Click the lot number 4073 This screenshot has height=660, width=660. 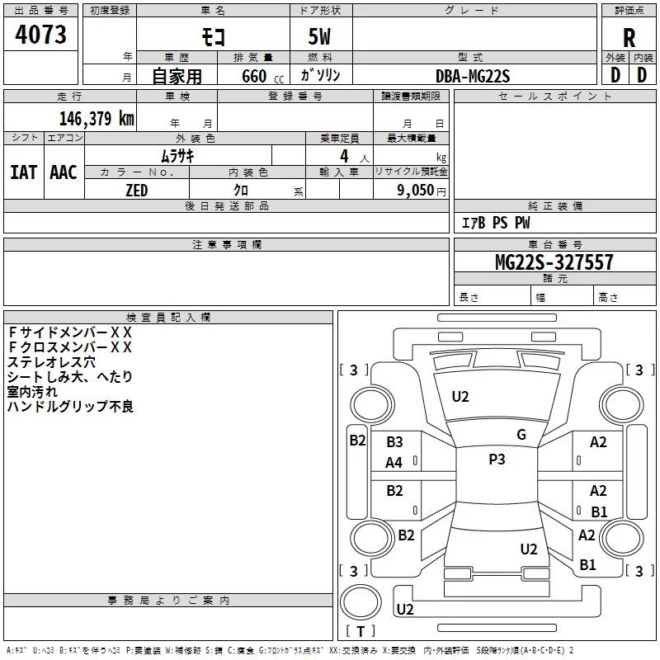tap(40, 35)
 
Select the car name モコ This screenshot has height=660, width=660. tap(213, 37)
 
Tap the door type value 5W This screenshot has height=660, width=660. tap(321, 37)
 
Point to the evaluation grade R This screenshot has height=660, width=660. tap(629, 37)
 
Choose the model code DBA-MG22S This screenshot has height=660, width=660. tap(473, 76)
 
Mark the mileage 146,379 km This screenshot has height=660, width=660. tap(97, 118)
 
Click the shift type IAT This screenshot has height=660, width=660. tap(23, 172)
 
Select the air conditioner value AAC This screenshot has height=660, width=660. tap(64, 172)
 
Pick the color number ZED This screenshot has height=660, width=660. tap(136, 191)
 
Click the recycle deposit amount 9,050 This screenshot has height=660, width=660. tap(416, 191)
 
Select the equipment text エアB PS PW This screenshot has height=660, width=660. tap(495, 223)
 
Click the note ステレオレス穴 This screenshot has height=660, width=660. tap(51, 361)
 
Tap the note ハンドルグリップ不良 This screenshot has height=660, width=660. tap(70, 406)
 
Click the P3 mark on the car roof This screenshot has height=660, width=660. tap(497, 460)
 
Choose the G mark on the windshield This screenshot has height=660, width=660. tap(521, 435)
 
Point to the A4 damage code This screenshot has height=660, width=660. tap(394, 462)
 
